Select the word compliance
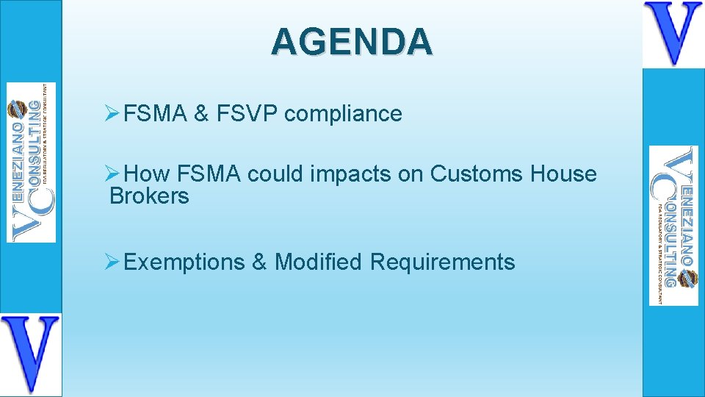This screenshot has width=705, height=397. [343, 114]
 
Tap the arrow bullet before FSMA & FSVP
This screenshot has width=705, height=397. [112, 114]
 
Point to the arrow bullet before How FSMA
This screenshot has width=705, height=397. [112, 174]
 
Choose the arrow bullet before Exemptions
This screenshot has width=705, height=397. [112, 262]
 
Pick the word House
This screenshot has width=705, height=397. [563, 174]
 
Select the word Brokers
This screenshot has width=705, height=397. [149, 196]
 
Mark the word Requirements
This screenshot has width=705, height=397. [442, 262]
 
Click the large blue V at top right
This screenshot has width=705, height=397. [673, 34]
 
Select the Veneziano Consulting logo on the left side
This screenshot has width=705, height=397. [32, 162]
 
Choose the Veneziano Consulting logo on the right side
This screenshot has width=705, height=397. [673, 226]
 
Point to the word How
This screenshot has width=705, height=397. [147, 174]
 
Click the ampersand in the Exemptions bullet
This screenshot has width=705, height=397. [259, 262]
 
